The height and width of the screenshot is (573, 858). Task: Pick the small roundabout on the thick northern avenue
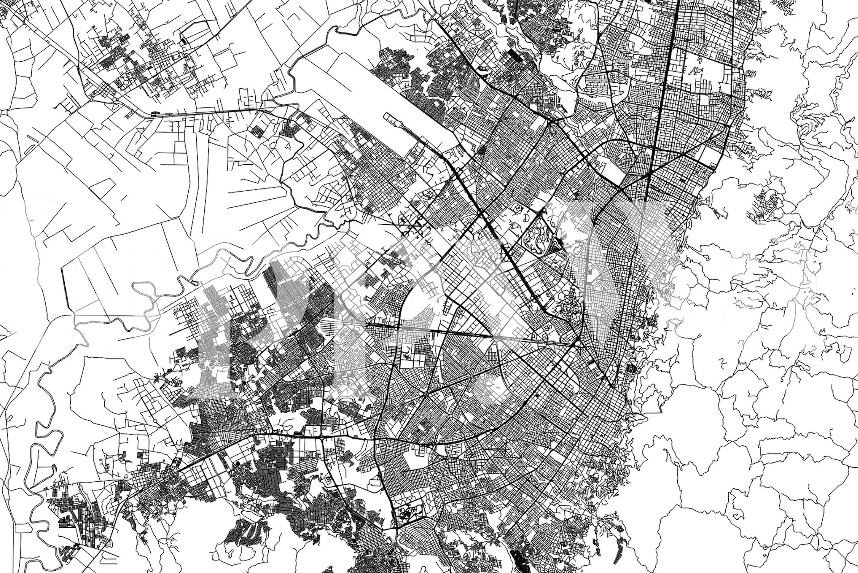click(655, 108)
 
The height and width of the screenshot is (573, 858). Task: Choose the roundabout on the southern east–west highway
click(321, 435)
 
